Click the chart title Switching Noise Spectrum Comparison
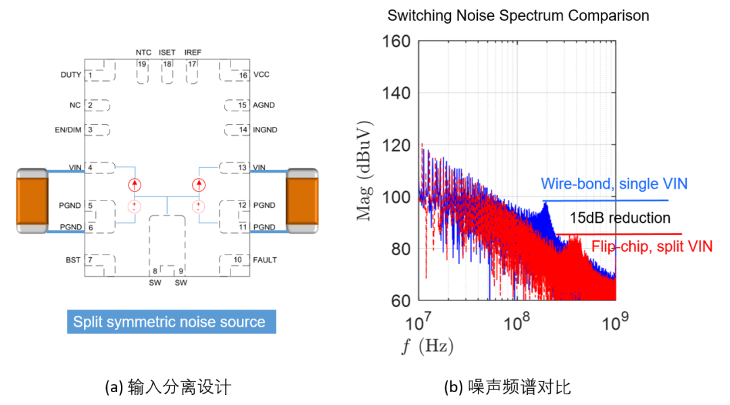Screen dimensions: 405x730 (x=518, y=16)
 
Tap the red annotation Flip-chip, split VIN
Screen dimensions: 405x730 (x=652, y=246)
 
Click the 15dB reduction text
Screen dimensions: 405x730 (x=620, y=218)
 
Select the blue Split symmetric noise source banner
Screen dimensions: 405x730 (x=171, y=321)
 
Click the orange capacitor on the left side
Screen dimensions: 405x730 (x=31, y=201)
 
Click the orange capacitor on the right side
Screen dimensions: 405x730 (x=302, y=201)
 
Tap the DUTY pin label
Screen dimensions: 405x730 (x=70, y=74)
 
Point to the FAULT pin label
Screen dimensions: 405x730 (x=265, y=260)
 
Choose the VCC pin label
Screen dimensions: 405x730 (x=261, y=74)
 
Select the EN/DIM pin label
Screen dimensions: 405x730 (x=68, y=130)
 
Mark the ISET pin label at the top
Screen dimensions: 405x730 (x=167, y=52)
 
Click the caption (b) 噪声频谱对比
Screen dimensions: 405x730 (x=507, y=387)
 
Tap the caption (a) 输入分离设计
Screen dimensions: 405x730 (x=168, y=387)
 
